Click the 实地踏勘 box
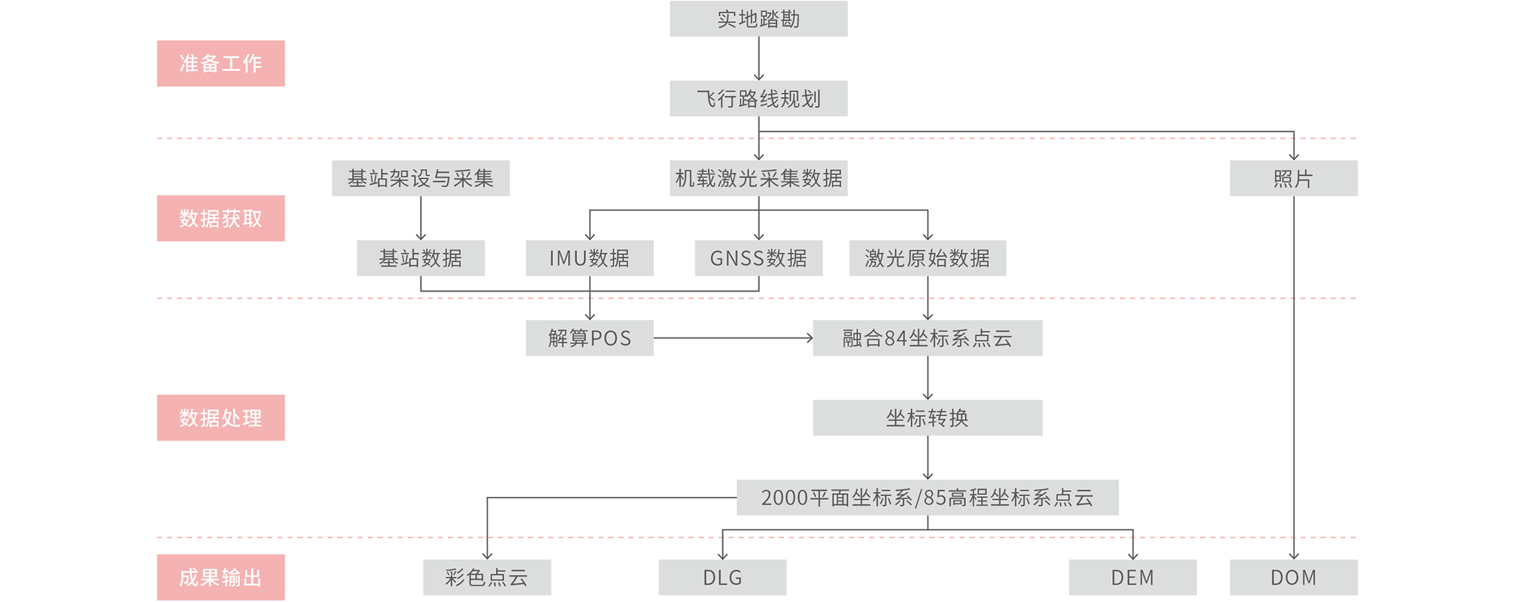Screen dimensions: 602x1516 pyautogui.click(x=758, y=19)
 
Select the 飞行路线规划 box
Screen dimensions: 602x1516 pyautogui.click(x=758, y=98)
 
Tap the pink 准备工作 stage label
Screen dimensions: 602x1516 pyautogui.click(x=220, y=63)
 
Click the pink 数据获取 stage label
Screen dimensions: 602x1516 pyautogui.click(x=220, y=218)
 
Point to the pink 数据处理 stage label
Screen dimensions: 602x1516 pyautogui.click(x=220, y=417)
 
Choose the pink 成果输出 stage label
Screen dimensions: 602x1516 pyautogui.click(x=220, y=577)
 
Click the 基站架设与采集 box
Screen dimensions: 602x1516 pyautogui.click(x=421, y=178)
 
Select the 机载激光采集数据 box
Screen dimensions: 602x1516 pyautogui.click(x=758, y=178)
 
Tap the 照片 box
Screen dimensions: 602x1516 pyautogui.click(x=1293, y=178)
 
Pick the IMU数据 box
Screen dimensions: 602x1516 pyautogui.click(x=589, y=258)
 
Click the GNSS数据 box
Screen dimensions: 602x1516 pyautogui.click(x=758, y=258)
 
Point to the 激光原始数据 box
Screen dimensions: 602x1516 pyautogui.click(x=927, y=258)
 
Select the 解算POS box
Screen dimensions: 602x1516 pyautogui.click(x=589, y=338)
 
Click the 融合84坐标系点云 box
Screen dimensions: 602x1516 pyautogui.click(x=927, y=338)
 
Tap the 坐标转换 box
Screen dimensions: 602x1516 pyautogui.click(x=927, y=418)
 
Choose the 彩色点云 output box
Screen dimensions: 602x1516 pyautogui.click(x=487, y=577)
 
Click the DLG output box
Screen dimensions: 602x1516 pyautogui.click(x=722, y=577)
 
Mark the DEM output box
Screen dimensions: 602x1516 pyautogui.click(x=1132, y=577)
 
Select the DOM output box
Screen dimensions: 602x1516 pyautogui.click(x=1293, y=577)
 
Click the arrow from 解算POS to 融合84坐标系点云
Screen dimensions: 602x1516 pyautogui.click(x=734, y=338)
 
